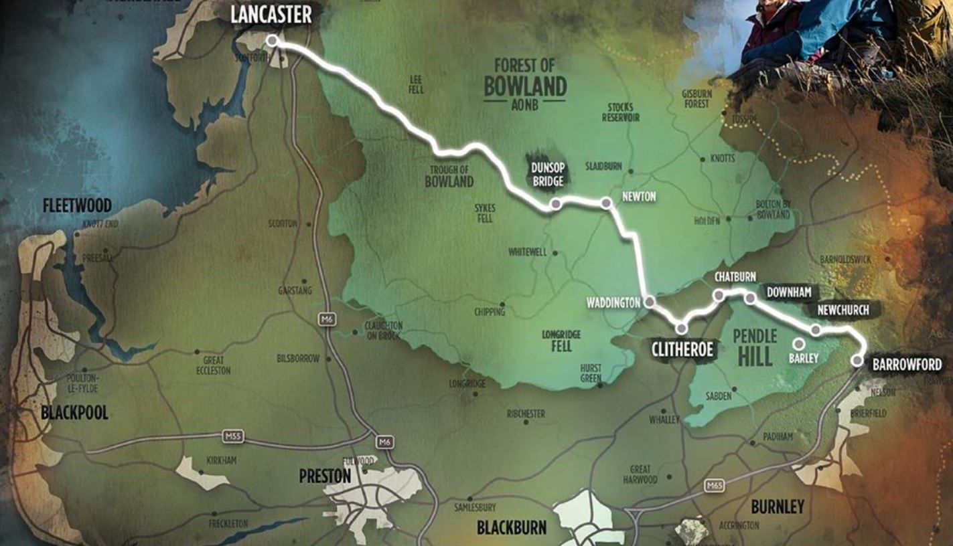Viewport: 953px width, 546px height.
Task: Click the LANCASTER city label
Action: click(271, 15)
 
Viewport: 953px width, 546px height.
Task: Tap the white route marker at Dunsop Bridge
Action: click(555, 205)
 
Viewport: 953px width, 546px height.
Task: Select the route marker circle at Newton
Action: click(606, 202)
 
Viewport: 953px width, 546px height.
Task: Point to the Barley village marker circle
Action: click(798, 344)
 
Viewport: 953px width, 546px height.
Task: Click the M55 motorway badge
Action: click(233, 437)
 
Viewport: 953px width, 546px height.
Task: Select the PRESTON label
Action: click(325, 476)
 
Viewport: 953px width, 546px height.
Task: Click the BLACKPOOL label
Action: click(74, 412)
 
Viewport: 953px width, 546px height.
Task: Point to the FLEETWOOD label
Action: click(77, 205)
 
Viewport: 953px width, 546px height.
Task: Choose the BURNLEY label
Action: click(777, 507)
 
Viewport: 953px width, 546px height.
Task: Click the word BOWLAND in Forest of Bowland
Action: click(525, 86)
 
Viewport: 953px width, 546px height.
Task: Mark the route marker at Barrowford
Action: click(857, 361)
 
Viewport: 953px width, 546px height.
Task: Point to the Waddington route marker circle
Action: click(648, 302)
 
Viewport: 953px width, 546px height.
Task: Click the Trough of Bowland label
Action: click(449, 176)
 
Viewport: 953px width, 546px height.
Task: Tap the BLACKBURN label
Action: click(511, 527)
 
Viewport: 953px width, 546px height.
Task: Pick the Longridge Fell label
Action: click(561, 341)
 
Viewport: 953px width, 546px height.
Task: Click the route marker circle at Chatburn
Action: click(719, 294)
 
